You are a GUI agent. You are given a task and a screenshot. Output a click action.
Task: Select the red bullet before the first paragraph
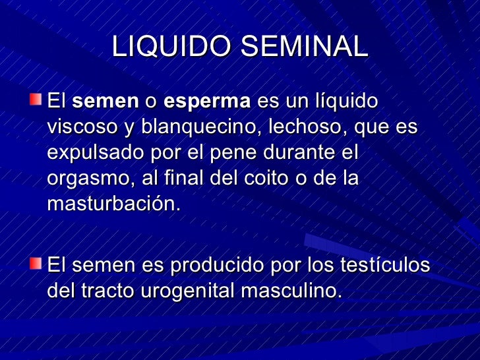pyautogui.click(x=34, y=100)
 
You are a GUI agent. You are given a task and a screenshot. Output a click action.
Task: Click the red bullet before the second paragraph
pyautogui.click(x=34, y=264)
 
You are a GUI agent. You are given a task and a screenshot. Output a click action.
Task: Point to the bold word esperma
pyautogui.click(x=207, y=102)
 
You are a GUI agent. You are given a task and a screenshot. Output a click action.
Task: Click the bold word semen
pyautogui.click(x=105, y=102)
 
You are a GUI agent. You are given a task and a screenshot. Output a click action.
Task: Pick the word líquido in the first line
pyautogui.click(x=345, y=102)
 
